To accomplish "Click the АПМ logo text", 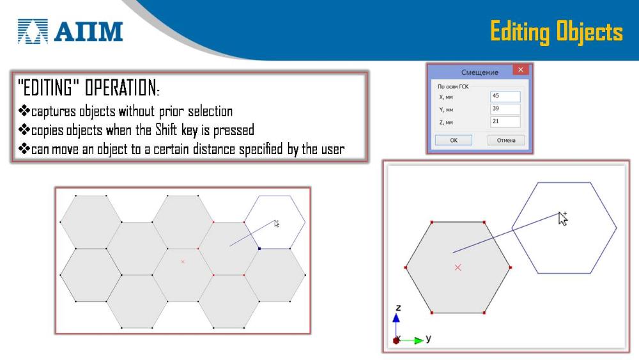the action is point(88,32).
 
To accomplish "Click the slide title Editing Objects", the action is point(557,32).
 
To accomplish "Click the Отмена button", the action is point(506,140).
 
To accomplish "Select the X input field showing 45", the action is point(505,96).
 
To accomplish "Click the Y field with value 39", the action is point(505,109).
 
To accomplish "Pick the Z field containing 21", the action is point(505,121).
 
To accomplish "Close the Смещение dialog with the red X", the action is point(520,70).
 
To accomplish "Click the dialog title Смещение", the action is point(480,72).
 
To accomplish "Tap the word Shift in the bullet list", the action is point(166,130).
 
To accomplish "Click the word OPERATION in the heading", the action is point(122,88).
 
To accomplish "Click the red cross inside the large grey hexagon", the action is point(458,267).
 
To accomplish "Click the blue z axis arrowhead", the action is point(396,318).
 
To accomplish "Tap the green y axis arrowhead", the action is point(419,340).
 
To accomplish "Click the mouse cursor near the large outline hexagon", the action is point(563,218).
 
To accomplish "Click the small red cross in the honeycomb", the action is point(183,262).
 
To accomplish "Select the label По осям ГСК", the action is point(453,86).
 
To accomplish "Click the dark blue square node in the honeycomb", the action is point(259,248).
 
